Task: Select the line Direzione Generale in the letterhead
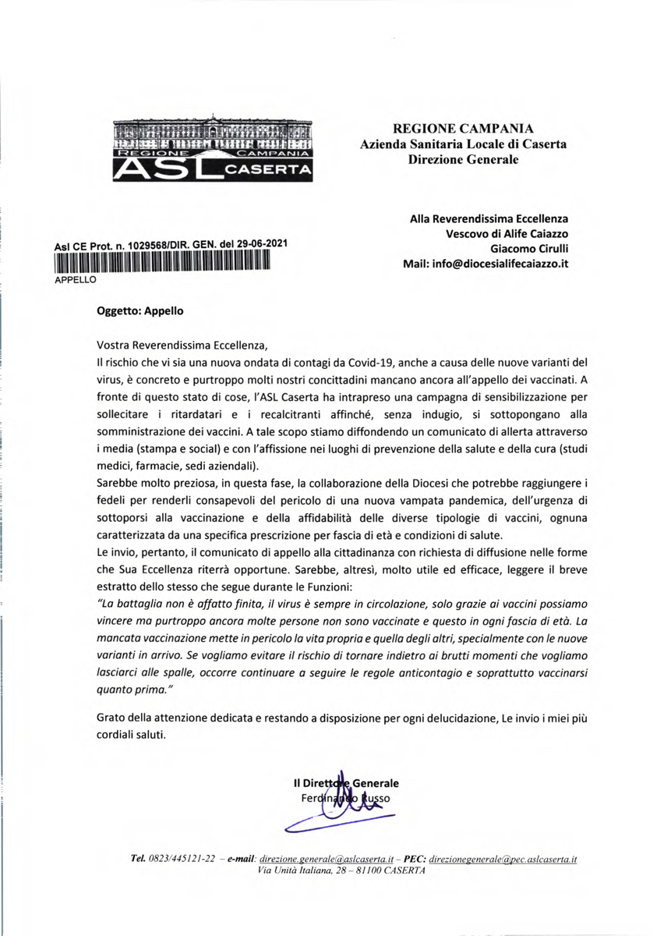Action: pyautogui.click(x=463, y=160)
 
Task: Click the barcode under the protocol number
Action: pyautogui.click(x=161, y=261)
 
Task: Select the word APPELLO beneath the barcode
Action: pyautogui.click(x=74, y=277)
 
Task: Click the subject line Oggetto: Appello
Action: pyautogui.click(x=140, y=310)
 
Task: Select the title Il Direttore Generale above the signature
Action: pyautogui.click(x=345, y=782)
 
